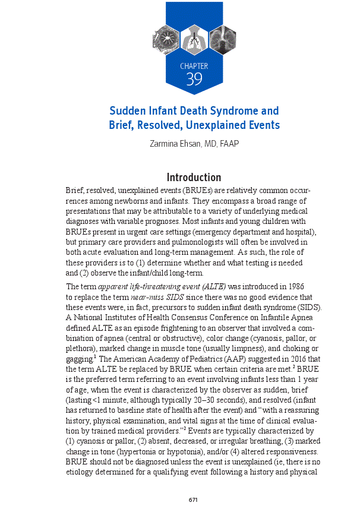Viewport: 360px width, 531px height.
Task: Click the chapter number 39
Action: (194, 80)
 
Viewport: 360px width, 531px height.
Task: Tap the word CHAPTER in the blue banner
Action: (194, 66)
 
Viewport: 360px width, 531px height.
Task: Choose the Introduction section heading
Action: (194, 178)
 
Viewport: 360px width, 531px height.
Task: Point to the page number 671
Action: (193, 500)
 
